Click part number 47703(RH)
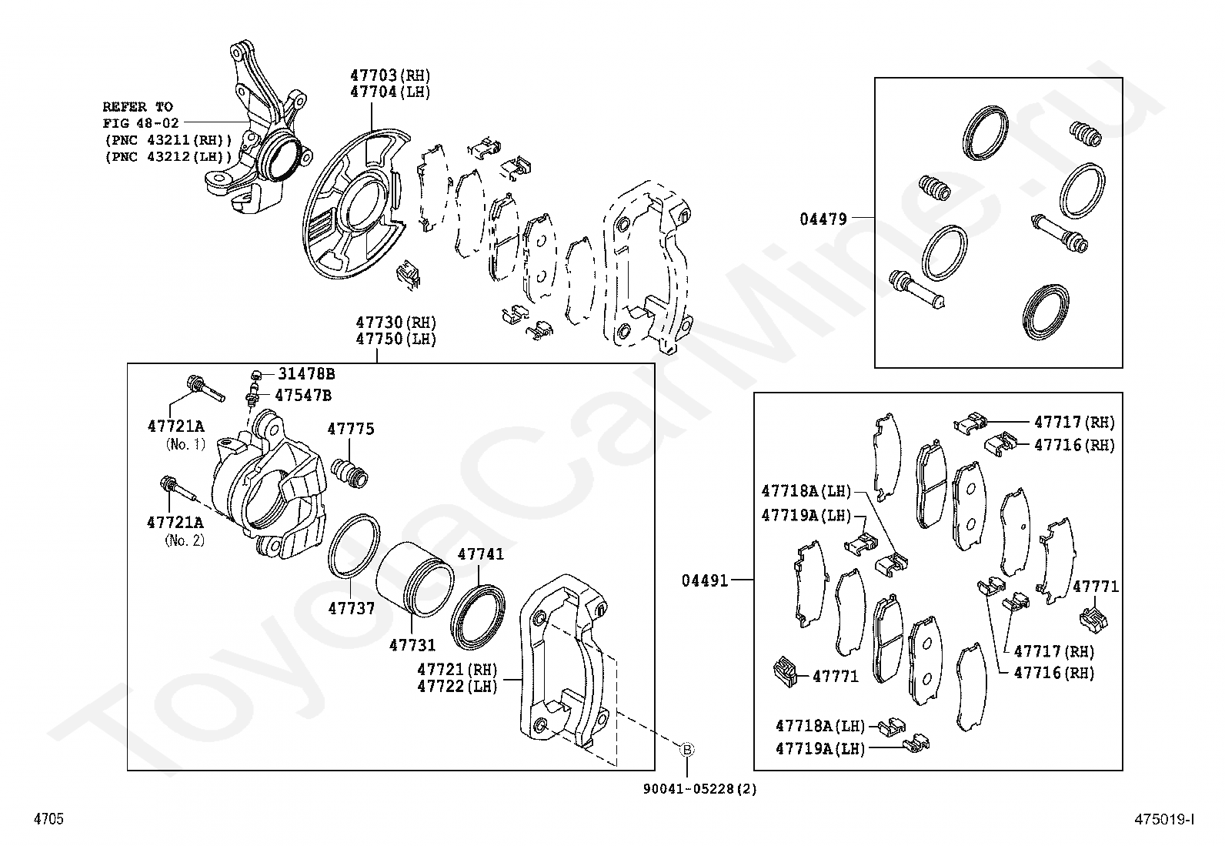point(390,75)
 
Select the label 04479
point(823,219)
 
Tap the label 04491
point(704,580)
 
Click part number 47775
point(351,429)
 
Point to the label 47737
point(351,608)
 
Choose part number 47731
point(412,645)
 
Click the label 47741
point(481,554)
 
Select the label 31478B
point(306,374)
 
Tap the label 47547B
point(303,396)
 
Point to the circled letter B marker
point(686,749)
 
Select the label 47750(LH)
point(396,339)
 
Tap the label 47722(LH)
point(458,686)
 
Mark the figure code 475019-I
point(1164,820)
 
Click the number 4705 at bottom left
point(48,820)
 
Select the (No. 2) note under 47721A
point(185,540)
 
